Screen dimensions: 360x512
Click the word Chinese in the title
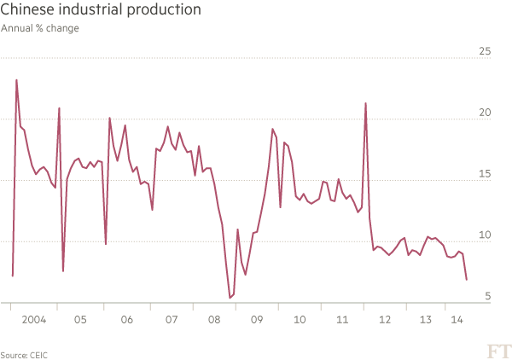pos(25,11)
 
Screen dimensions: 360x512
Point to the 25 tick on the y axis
pos(484,52)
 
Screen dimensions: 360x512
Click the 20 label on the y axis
pos(484,113)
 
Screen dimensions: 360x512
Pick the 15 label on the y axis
pos(484,174)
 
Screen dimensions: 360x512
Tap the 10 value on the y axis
pos(484,235)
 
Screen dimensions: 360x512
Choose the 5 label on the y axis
pos(487,296)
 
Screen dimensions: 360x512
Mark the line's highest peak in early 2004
pos(16,80)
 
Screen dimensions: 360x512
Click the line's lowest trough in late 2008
pos(229,297)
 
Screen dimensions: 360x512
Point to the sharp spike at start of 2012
pos(365,103)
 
